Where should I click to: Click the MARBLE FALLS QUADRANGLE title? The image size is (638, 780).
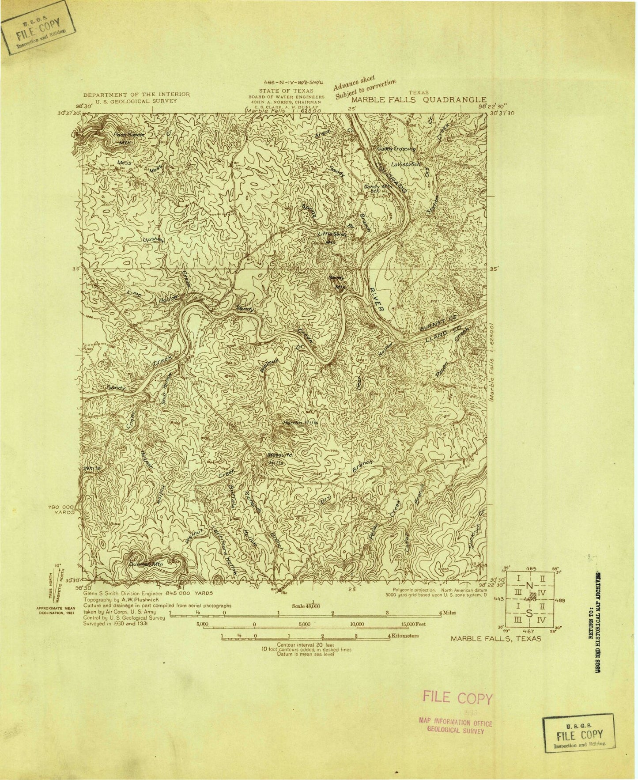tap(418, 100)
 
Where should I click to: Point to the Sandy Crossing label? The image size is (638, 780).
tap(397, 149)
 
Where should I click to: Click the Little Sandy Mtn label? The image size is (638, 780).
tap(337, 236)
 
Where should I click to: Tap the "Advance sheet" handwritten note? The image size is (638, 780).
tap(354, 85)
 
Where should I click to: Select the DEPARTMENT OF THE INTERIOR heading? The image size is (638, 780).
tap(136, 95)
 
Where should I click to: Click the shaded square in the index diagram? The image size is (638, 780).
tap(533, 595)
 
